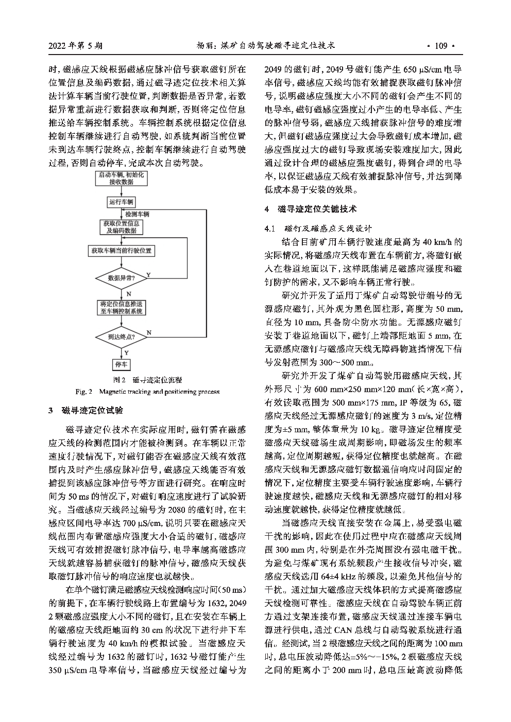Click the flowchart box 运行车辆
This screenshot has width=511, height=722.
point(121,202)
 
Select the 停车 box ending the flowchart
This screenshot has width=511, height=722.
point(121,364)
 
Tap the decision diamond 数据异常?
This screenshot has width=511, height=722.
point(121,278)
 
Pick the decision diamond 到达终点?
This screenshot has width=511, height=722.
point(121,337)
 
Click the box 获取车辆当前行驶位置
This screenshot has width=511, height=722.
point(121,251)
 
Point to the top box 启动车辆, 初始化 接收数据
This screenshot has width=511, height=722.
point(121,179)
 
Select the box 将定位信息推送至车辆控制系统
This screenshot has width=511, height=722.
point(121,307)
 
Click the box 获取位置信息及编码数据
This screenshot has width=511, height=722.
point(121,227)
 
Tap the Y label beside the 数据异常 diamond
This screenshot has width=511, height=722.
point(148,275)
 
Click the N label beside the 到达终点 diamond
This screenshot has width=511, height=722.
point(149,333)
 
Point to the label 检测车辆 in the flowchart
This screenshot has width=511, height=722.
point(137,214)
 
